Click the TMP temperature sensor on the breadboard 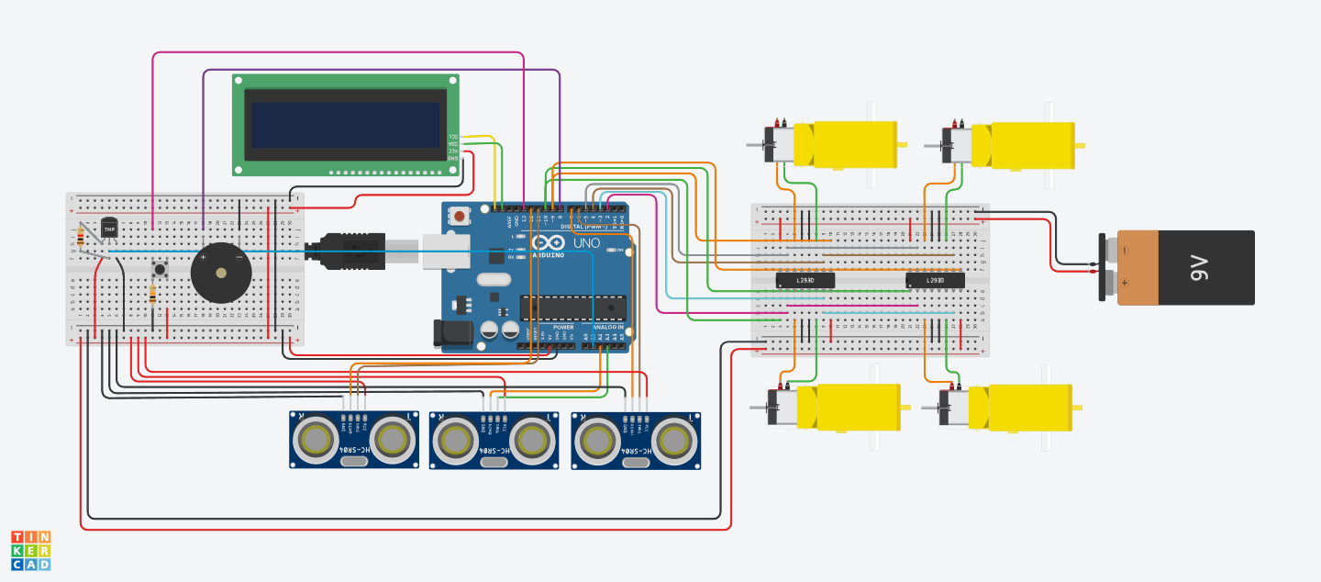point(109,227)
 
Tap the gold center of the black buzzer point(219,273)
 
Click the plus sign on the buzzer point(203,257)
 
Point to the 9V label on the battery point(1200,268)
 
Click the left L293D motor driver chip point(805,279)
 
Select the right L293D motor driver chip point(935,279)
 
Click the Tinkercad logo point(31,550)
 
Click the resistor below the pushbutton point(151,294)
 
